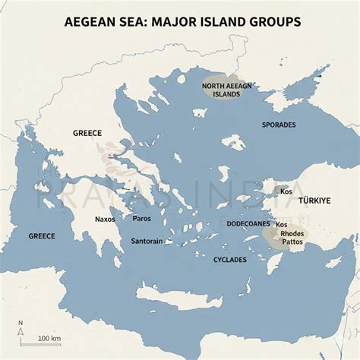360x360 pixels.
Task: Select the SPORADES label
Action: coord(279,124)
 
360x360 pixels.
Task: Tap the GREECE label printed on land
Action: coord(87,132)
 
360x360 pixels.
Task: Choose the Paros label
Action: coord(142,219)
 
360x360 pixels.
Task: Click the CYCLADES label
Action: coord(230,259)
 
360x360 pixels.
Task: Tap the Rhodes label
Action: coord(296,233)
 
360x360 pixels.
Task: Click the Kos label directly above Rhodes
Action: coord(282,225)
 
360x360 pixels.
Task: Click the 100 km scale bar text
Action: coord(50,337)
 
